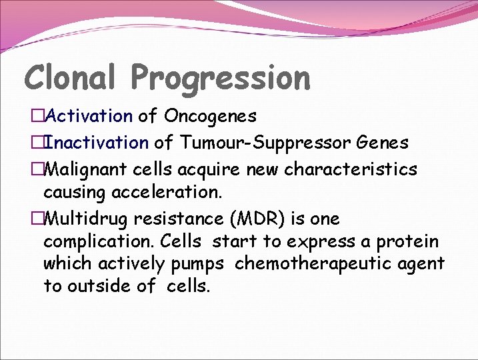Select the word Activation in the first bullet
coord(90,116)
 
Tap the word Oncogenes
coord(210,117)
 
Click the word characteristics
coord(351,169)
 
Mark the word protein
coord(407,241)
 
